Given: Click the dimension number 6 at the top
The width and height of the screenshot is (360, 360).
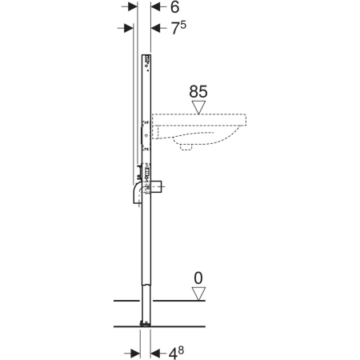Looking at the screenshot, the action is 174,7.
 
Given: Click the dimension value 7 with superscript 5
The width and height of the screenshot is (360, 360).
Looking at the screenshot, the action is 178,28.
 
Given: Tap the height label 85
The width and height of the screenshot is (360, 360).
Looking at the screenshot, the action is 198,92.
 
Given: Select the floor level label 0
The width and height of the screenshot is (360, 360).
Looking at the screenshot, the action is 198,278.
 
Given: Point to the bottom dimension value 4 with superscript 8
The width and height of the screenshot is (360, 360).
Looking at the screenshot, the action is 176,353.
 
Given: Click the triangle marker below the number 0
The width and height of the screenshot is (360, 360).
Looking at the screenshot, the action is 198,294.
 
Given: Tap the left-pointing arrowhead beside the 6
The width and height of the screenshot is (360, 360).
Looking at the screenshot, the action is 155,7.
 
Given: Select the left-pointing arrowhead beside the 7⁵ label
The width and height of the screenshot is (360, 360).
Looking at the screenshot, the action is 155,28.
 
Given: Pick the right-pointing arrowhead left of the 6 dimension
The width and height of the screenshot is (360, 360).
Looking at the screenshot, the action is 133,7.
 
